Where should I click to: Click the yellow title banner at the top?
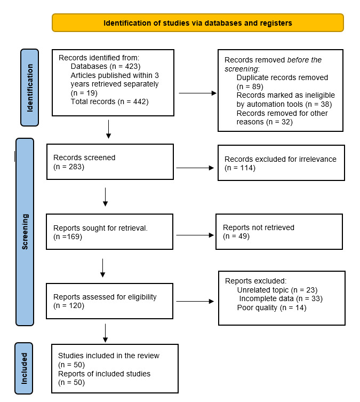tap(197, 23)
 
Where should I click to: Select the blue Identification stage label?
tap(29, 88)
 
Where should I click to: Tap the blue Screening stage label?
tap(25, 232)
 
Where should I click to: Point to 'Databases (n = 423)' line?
tap(105, 66)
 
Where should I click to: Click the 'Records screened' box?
tap(110, 162)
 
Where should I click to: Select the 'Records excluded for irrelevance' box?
tap(281, 163)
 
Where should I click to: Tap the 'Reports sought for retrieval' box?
tap(110, 232)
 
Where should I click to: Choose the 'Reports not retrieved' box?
tap(279, 232)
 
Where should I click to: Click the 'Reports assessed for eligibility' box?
tap(110, 301)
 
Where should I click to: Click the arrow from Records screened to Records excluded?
tap(194, 168)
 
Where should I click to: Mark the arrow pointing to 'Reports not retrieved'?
tap(194, 234)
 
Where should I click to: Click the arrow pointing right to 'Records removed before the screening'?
tap(197, 93)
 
